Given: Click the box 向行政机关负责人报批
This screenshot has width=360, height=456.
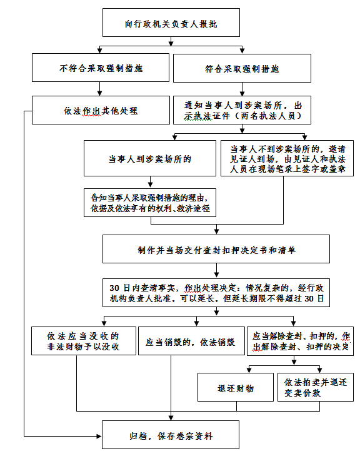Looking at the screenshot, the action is [x=171, y=23].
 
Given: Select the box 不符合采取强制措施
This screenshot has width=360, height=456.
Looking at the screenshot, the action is [x=101, y=68].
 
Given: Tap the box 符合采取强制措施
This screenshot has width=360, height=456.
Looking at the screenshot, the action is [x=242, y=68].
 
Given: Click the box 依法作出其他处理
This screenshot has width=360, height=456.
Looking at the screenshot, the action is [x=101, y=110].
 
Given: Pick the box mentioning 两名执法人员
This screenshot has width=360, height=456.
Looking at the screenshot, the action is [x=242, y=110].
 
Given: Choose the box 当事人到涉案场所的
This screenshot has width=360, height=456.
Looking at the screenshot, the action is [x=150, y=158].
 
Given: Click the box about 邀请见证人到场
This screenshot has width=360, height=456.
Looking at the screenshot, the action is [x=287, y=158].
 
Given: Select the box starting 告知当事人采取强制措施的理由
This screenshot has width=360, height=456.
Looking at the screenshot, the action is [x=150, y=203].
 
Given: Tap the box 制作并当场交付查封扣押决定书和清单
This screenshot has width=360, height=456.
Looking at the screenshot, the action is [x=216, y=249].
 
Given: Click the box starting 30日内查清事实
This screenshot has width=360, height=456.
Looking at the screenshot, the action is [x=216, y=293].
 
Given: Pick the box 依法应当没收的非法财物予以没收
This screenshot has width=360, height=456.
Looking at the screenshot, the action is [x=84, y=341].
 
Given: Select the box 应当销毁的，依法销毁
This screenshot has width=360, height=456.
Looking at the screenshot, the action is [x=191, y=341].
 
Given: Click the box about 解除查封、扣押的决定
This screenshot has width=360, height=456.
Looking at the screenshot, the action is [x=300, y=341].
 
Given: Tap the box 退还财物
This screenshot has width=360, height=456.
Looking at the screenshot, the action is [x=236, y=387].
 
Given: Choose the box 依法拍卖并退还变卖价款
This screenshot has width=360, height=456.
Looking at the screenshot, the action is [x=316, y=387].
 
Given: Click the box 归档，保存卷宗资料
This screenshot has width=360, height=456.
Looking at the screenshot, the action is [x=171, y=435].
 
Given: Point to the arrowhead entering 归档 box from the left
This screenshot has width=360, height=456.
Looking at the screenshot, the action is [x=99, y=436].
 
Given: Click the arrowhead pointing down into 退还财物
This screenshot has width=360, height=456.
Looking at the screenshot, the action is [x=249, y=370].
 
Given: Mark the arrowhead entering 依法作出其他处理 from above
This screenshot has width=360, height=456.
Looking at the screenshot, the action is [x=99, y=93].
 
